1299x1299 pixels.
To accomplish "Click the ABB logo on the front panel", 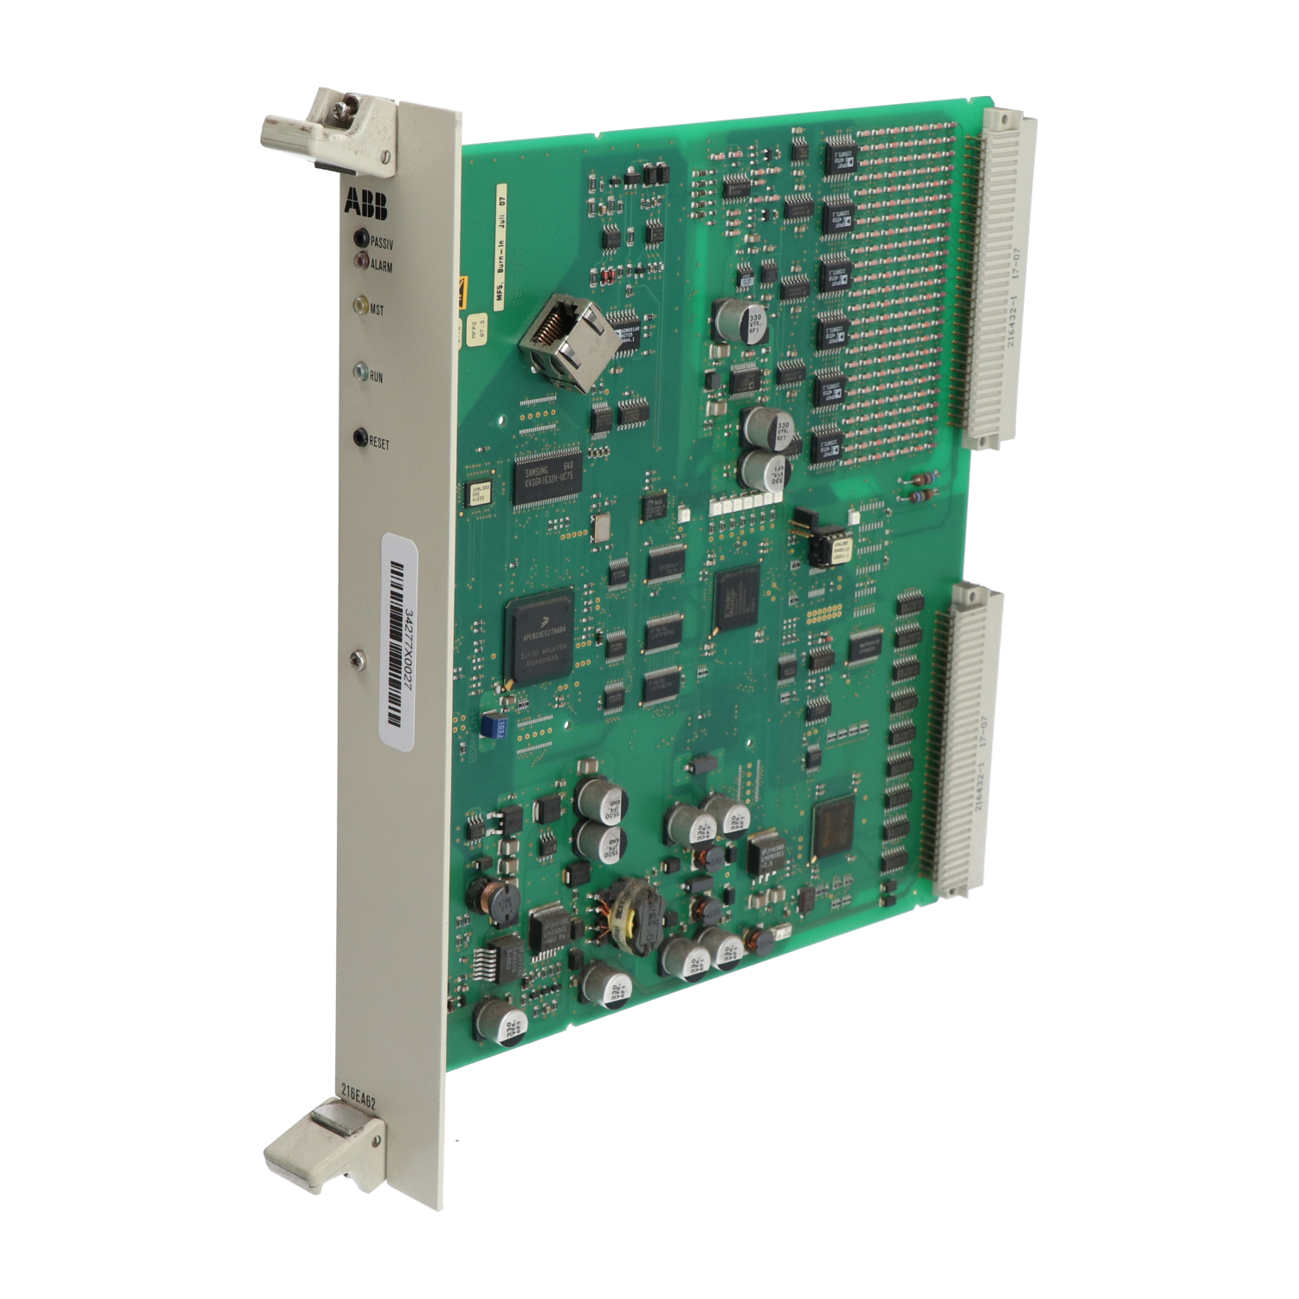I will point(365,204).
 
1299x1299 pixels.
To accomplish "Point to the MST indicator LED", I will point(360,306).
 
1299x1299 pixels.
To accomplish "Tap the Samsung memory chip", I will point(547,477).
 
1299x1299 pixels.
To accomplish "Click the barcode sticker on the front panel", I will point(400,642).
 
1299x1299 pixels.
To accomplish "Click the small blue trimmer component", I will point(494,726).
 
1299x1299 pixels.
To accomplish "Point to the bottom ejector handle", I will point(322,1142).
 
